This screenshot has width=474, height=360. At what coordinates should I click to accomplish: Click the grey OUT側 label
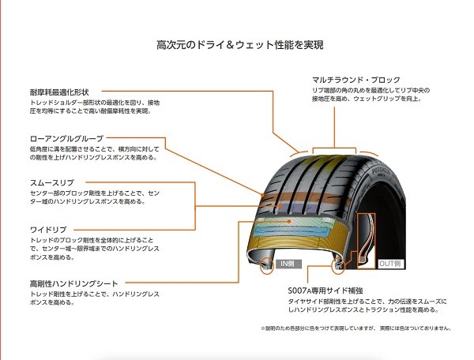point(391,263)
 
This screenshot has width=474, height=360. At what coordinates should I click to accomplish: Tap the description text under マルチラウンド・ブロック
point(371,96)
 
